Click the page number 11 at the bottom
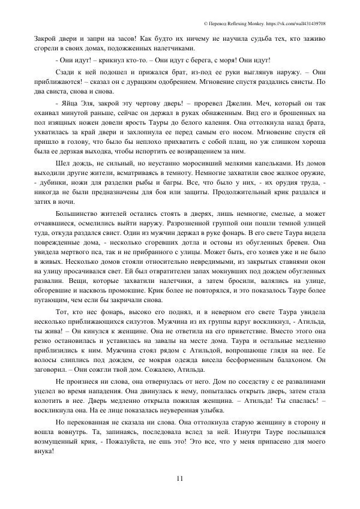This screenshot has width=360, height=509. (x=180, y=478)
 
